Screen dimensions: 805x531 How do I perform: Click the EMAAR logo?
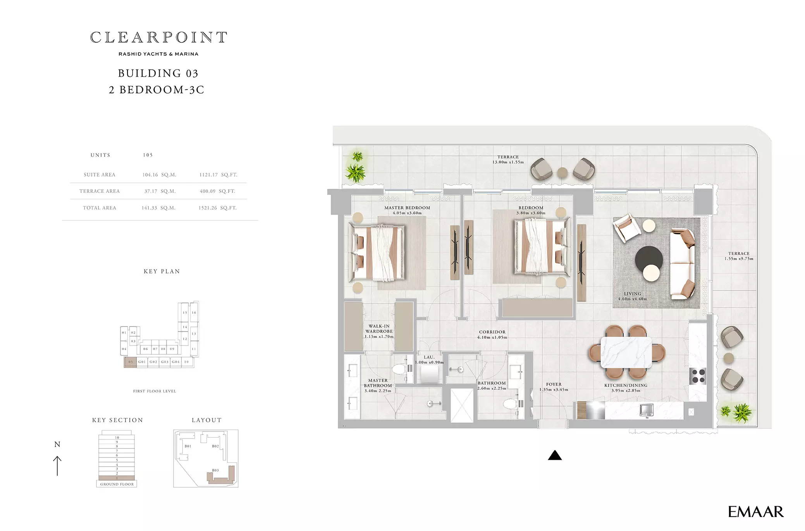point(755,512)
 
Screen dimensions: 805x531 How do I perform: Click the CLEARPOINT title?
point(158,38)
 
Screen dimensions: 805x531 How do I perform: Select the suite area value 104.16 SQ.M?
point(159,175)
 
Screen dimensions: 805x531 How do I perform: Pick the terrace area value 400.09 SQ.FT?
point(217,191)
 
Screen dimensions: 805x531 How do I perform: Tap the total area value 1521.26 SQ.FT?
point(217,208)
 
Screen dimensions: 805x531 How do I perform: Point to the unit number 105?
point(148,155)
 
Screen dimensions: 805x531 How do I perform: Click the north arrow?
point(57,466)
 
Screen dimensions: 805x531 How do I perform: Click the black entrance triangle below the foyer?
point(555,455)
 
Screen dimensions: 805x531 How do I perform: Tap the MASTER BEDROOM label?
point(407,208)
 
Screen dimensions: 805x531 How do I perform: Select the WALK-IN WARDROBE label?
point(379,329)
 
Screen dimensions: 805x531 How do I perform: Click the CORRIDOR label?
point(492,332)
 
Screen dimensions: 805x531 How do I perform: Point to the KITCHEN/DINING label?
point(626,385)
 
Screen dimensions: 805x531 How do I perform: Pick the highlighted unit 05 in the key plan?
point(130,362)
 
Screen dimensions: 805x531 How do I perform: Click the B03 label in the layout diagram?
point(215,470)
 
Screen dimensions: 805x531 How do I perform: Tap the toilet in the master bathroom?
point(401,368)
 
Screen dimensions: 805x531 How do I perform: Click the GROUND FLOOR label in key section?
point(117,484)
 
